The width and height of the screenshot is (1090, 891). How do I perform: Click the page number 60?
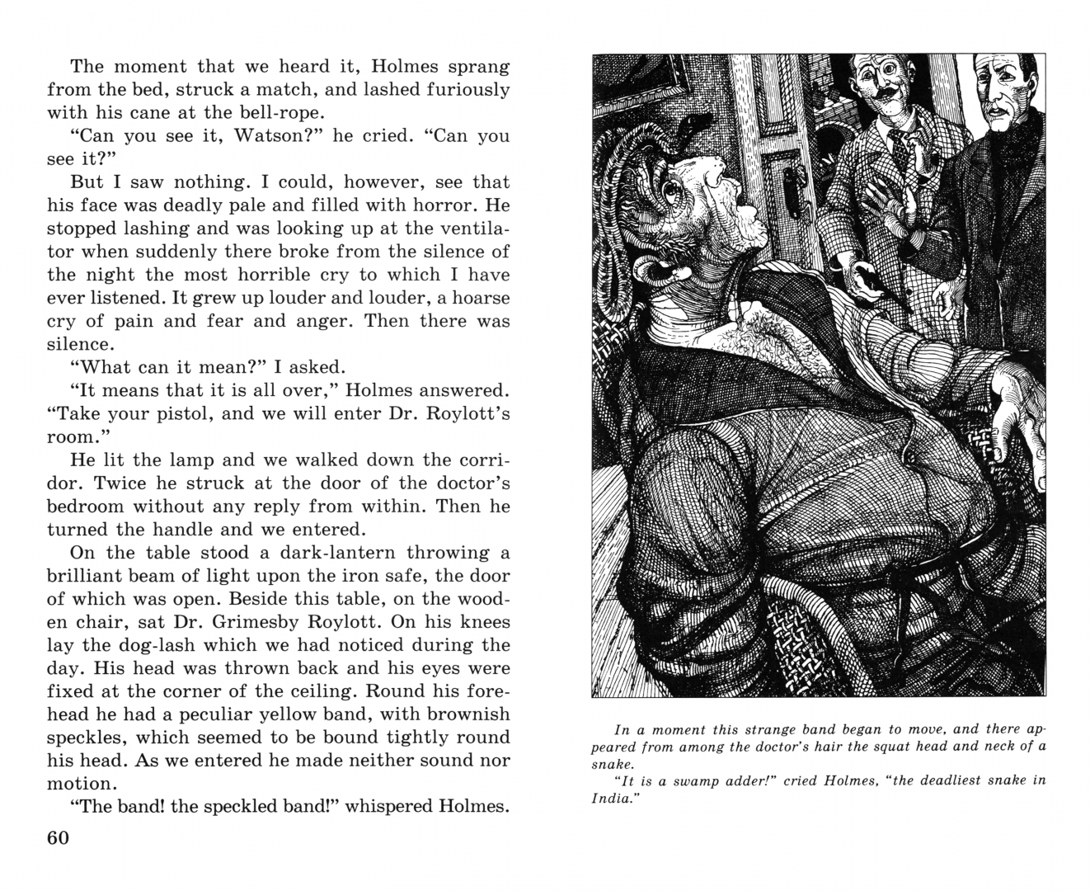[x=58, y=837]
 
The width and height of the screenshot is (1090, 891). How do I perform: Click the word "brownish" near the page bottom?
[x=458, y=714]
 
